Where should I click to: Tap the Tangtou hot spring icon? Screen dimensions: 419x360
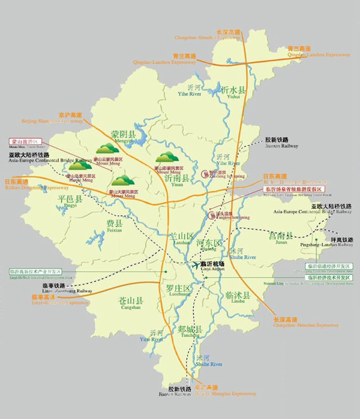pos(212,215)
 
